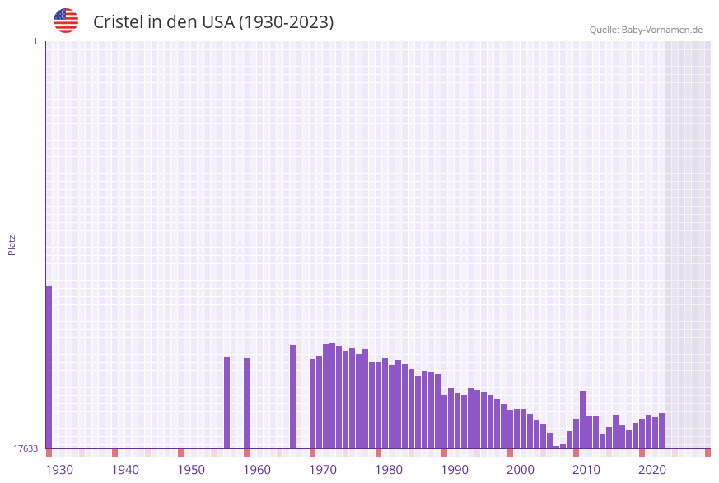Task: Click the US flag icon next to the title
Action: (x=66, y=21)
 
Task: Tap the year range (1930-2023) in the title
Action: (x=286, y=22)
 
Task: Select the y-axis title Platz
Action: (x=12, y=244)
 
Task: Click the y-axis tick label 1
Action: (x=35, y=41)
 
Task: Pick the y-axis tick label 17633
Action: (x=26, y=448)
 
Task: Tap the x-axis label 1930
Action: (x=59, y=470)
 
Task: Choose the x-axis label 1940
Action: (x=125, y=470)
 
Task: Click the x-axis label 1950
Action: (x=191, y=470)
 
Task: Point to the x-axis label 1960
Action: (x=257, y=470)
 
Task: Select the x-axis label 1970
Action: (x=323, y=470)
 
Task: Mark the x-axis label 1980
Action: (x=389, y=470)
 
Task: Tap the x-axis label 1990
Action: (x=455, y=470)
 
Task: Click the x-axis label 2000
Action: (x=521, y=470)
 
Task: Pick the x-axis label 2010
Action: (x=586, y=470)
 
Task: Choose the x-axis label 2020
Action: (x=652, y=470)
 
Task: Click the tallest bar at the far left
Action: (x=49, y=366)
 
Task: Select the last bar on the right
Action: (x=661, y=430)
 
